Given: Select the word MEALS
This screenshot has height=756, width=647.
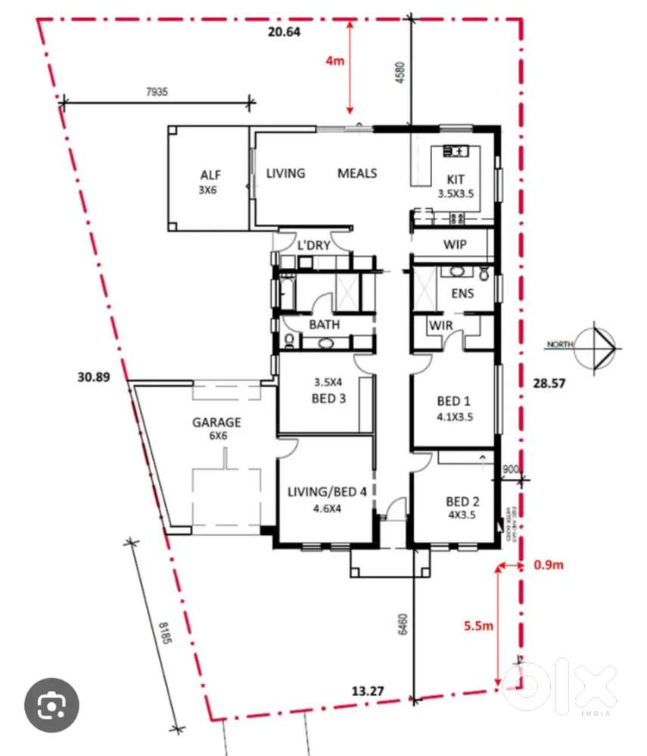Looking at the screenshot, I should click(356, 173).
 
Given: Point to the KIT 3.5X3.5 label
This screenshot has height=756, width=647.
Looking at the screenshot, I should click(456, 186).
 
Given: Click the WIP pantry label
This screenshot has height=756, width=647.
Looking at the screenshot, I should click(455, 244).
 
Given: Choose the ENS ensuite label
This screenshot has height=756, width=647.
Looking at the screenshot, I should click(462, 293).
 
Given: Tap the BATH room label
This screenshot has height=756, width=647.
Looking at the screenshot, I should click(324, 325).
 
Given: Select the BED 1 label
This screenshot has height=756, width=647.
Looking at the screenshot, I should click(455, 409).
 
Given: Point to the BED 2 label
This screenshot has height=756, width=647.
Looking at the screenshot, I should click(462, 507).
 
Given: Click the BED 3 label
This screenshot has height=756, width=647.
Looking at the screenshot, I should click(328, 390).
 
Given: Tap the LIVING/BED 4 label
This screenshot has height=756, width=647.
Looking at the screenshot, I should click(327, 499).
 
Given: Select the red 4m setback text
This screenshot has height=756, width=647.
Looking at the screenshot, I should click(334, 61).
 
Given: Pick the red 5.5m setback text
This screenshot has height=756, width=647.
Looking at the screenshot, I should click(478, 626).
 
